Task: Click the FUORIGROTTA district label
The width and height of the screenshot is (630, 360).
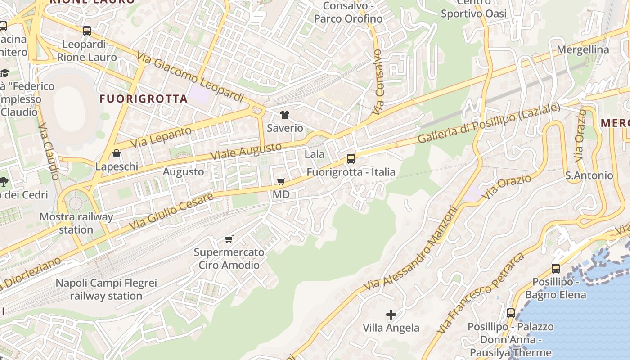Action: pos(143,99)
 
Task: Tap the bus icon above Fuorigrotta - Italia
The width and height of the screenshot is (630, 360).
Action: pos(351,158)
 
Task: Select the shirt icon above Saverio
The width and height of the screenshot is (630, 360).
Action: pos(284,115)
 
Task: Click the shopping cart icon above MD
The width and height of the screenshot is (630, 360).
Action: pos(281,181)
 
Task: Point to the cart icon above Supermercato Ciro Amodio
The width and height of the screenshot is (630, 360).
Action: pos(229,239)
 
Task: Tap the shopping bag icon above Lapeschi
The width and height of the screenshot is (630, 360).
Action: pos(117,154)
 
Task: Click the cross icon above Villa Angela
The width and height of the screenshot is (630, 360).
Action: pos(391,314)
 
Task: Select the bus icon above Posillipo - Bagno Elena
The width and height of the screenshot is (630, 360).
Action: pos(555,269)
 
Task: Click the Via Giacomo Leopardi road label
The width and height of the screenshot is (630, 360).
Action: pos(190,77)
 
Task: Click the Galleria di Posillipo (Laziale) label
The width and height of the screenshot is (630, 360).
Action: pos(489,123)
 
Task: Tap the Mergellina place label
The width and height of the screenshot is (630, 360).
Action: pos(583,49)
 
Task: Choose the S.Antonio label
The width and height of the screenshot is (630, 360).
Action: pos(589,175)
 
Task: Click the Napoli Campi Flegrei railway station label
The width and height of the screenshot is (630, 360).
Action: pos(106,289)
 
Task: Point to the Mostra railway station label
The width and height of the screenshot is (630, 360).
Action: pos(76,223)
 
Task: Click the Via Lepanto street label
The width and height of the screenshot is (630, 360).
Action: pos(161,137)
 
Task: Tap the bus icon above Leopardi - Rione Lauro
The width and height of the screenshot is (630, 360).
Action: pos(87,31)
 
